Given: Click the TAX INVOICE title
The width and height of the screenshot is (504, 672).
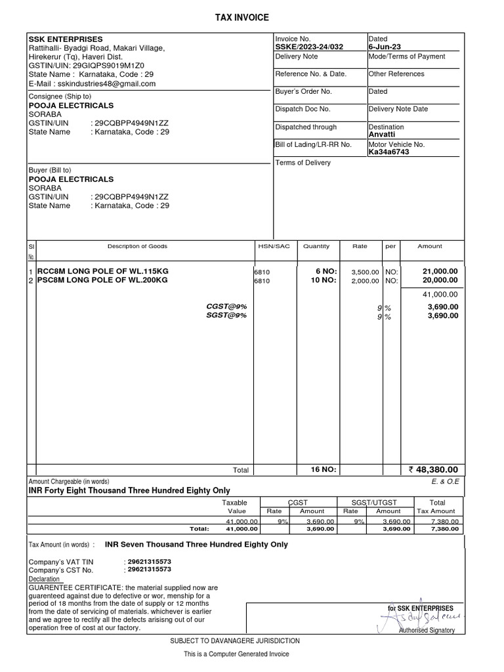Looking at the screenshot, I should pyautogui.click(x=242, y=18).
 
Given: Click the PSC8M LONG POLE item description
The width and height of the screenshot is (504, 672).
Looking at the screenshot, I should pyautogui.click(x=102, y=280).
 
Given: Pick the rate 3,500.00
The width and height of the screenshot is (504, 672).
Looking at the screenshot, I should pyautogui.click(x=366, y=272).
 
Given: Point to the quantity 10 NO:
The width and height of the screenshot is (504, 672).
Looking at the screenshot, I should pyautogui.click(x=323, y=280).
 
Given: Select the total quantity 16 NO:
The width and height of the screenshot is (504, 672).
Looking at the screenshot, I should pyautogui.click(x=323, y=470).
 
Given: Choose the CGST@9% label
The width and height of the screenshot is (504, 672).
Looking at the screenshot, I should pyautogui.click(x=226, y=306).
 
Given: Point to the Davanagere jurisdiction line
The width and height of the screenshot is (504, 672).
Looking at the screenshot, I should pyautogui.click(x=235, y=640).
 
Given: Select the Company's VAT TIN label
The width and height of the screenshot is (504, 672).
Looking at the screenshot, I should pyautogui.click(x=61, y=562).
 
